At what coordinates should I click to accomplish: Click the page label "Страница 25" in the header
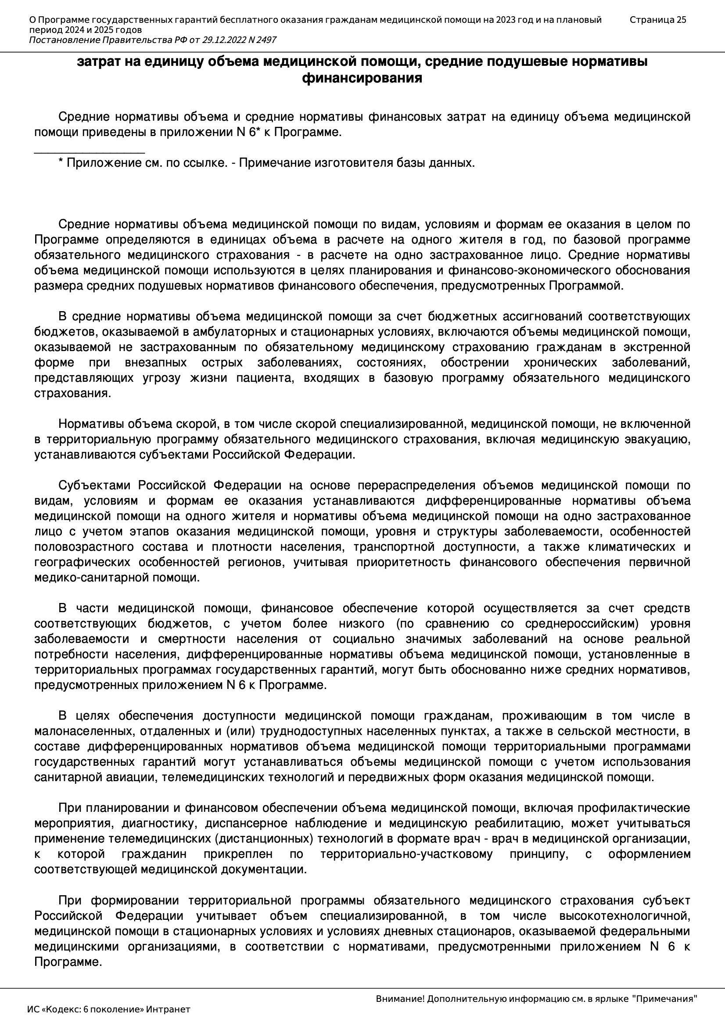[x=657, y=20]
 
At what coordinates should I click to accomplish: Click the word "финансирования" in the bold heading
[x=362, y=78]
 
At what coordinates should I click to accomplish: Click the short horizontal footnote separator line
[x=90, y=153]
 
